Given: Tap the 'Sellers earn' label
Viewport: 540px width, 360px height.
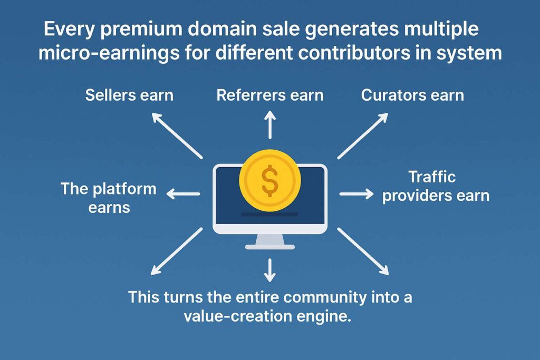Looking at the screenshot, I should click(129, 95).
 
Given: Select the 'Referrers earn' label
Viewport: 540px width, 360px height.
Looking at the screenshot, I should click(270, 95).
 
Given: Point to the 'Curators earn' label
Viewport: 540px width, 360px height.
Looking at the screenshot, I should click(412, 95).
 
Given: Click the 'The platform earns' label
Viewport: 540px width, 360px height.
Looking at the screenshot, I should click(109, 198).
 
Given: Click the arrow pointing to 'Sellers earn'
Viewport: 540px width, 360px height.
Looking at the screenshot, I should click(177, 135).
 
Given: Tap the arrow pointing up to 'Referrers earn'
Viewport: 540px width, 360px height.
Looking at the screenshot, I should click(270, 124).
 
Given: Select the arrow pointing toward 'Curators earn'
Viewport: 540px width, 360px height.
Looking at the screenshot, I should click(363, 135).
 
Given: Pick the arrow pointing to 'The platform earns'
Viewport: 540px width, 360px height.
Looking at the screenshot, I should click(183, 194).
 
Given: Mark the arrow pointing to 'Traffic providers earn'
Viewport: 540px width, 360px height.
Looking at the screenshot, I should click(356, 194).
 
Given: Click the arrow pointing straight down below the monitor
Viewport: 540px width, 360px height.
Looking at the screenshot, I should click(270, 269).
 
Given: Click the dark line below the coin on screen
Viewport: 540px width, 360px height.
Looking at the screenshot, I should click(270, 214).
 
